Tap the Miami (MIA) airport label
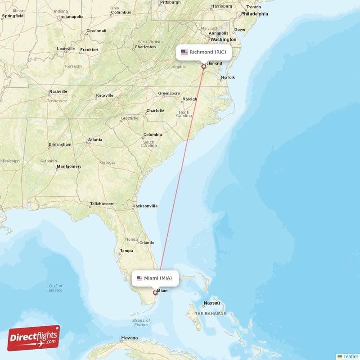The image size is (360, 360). [x=155, y=278]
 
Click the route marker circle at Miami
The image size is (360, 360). [x=155, y=293]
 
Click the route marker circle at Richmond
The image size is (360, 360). [x=204, y=67]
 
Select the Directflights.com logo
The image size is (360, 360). [x=34, y=338]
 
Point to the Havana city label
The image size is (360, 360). [x=130, y=338]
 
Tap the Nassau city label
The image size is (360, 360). [x=211, y=303]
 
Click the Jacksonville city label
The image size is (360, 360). [x=145, y=206]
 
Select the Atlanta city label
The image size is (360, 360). [x=95, y=140]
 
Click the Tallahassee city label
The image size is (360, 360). [x=101, y=204]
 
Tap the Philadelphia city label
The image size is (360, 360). [x=254, y=14]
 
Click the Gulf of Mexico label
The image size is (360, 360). [x=56, y=288]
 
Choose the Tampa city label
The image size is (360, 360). [x=126, y=251]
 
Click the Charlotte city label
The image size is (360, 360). [x=156, y=110]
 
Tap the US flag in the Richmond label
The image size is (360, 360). [x=184, y=52]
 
